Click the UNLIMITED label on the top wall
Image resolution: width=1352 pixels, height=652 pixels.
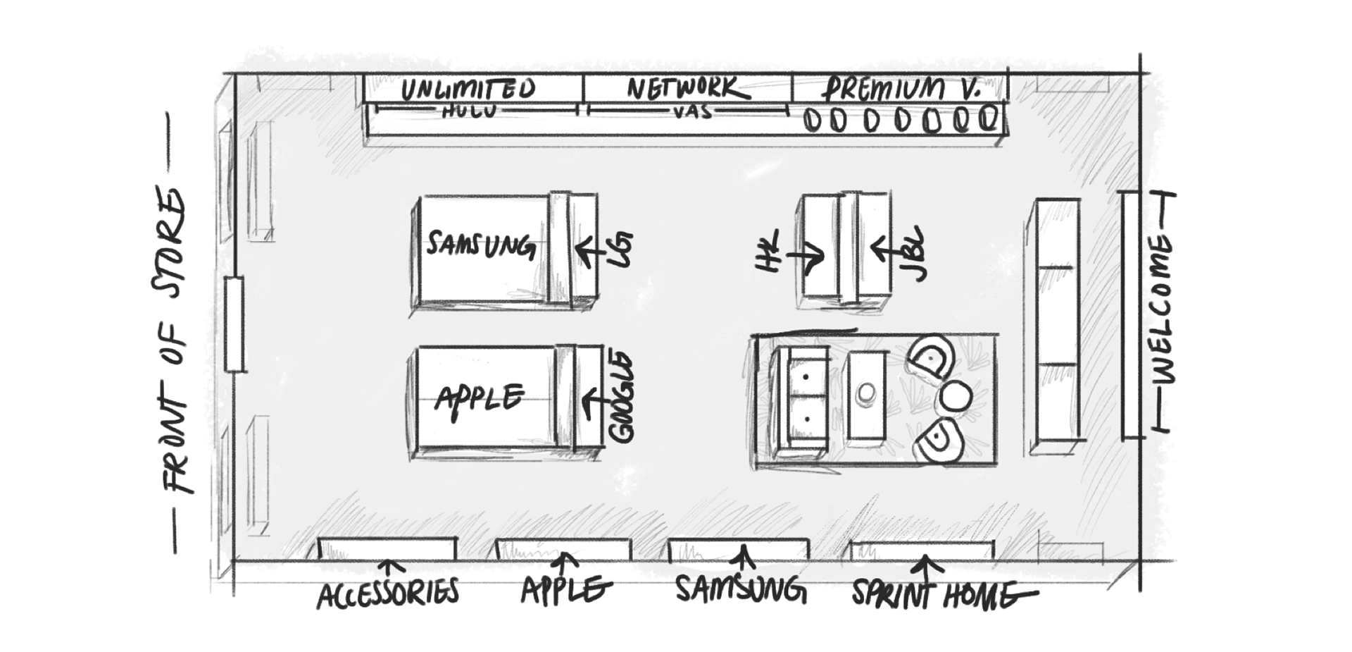coord(468,90)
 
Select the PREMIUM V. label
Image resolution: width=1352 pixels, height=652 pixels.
coord(902,90)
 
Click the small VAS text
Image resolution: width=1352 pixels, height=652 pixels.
coord(693,112)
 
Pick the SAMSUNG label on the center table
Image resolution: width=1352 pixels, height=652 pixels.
coord(480,245)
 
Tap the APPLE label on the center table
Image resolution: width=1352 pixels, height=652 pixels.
coord(480,398)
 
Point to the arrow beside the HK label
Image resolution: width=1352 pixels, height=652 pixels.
coord(805,255)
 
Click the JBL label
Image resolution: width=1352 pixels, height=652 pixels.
coord(914,253)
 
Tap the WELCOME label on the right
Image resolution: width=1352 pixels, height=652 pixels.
coord(1162,310)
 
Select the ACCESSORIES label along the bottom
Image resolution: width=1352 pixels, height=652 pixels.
coord(388,593)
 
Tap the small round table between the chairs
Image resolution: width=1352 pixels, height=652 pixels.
coord(955,397)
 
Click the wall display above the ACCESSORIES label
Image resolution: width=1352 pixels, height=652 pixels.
coord(387,548)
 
